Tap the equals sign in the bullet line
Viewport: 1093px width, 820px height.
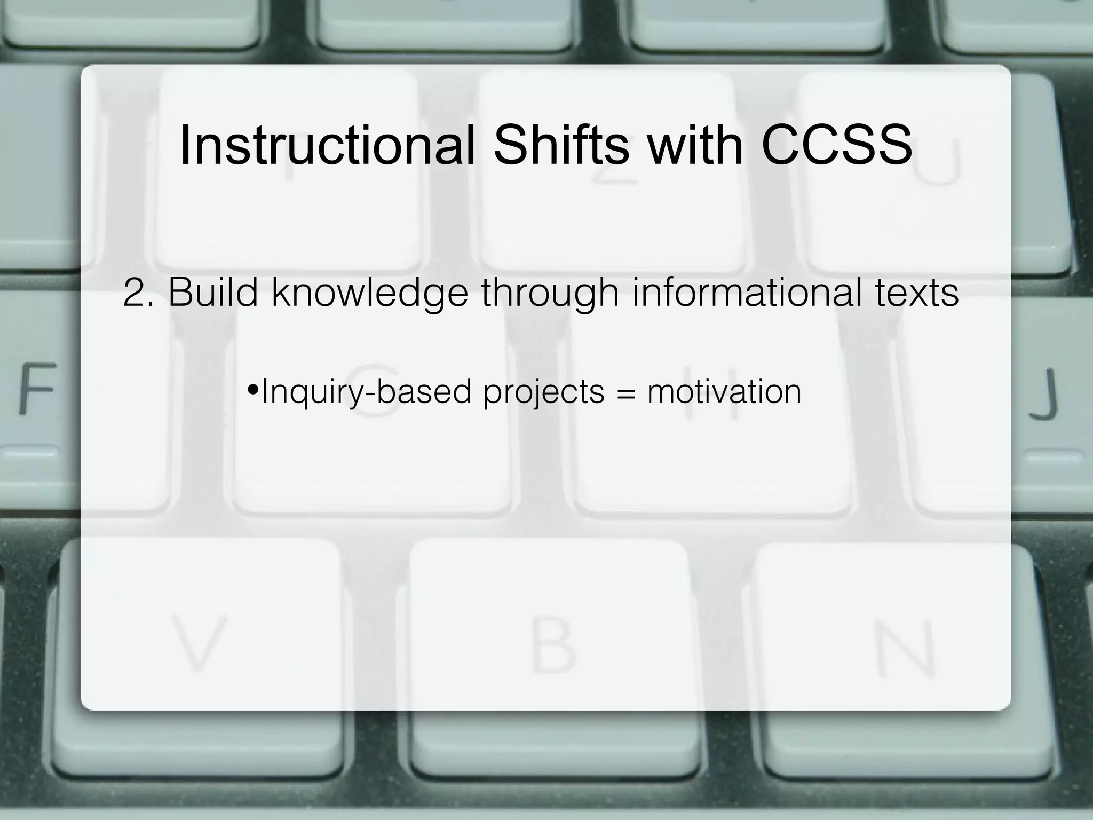[625, 392]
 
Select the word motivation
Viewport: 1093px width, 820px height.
[724, 391]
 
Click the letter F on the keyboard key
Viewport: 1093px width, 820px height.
[37, 388]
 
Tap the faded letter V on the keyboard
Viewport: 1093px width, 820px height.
[198, 642]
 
